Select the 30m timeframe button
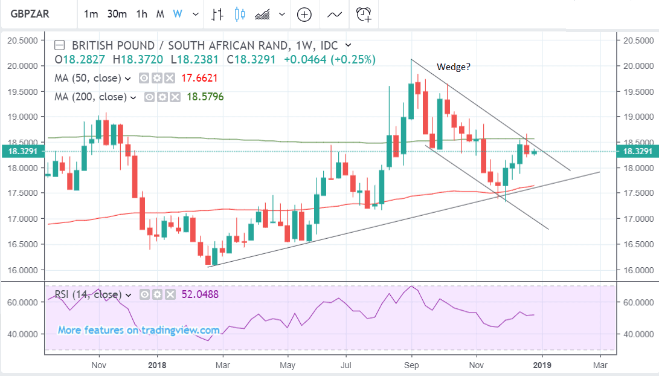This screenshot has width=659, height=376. click(x=117, y=14)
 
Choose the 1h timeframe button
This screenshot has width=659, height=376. click(x=141, y=14)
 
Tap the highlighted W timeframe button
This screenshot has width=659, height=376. click(x=177, y=14)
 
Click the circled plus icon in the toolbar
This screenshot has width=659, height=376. click(x=304, y=14)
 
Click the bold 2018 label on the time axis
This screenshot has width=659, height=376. click(x=156, y=365)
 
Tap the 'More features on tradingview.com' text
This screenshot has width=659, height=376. click(x=138, y=330)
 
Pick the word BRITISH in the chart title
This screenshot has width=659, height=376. click(x=91, y=45)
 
